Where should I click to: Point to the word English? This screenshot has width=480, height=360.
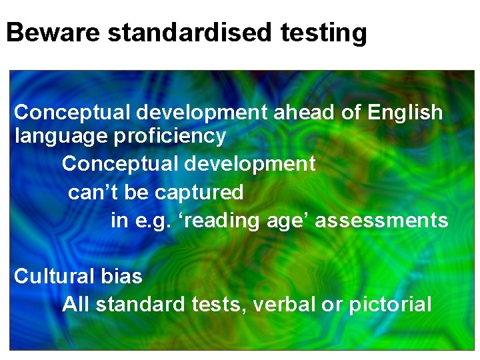click(x=405, y=113)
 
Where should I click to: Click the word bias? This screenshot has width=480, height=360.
click(x=123, y=275)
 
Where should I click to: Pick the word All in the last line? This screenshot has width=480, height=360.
click(x=76, y=304)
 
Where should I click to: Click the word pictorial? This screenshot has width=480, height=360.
click(x=389, y=305)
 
